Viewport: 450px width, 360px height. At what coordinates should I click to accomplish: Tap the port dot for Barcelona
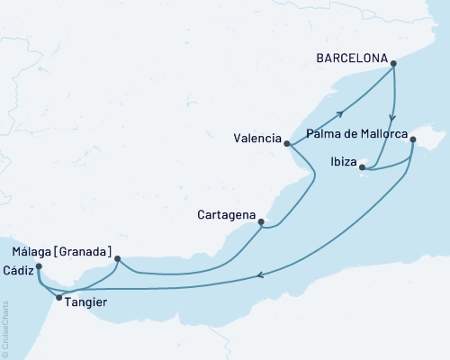click(x=395, y=61)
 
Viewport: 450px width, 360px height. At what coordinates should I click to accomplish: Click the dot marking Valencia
click(x=286, y=143)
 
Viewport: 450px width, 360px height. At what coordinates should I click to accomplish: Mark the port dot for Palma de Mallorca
click(x=412, y=139)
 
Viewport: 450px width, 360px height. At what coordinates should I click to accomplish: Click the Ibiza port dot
click(x=362, y=166)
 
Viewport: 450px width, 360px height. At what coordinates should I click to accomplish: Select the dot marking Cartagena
click(x=261, y=221)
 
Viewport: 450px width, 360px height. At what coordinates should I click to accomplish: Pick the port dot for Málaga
click(x=118, y=259)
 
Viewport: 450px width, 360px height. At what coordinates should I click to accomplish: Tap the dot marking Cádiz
click(x=38, y=266)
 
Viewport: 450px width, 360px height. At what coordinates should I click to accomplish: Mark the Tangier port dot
click(x=59, y=297)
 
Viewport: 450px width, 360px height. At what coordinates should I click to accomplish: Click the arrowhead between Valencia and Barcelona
click(x=342, y=112)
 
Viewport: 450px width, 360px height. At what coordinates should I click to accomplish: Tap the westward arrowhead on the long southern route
click(x=260, y=276)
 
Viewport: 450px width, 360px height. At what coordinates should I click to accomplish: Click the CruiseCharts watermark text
click(x=6, y=329)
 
